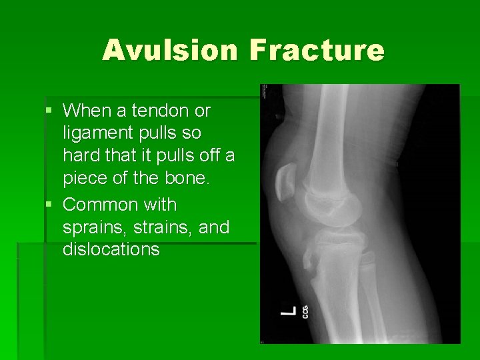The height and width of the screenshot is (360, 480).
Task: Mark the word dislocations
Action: (x=111, y=250)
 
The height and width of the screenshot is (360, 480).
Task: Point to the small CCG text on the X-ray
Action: (x=305, y=311)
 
